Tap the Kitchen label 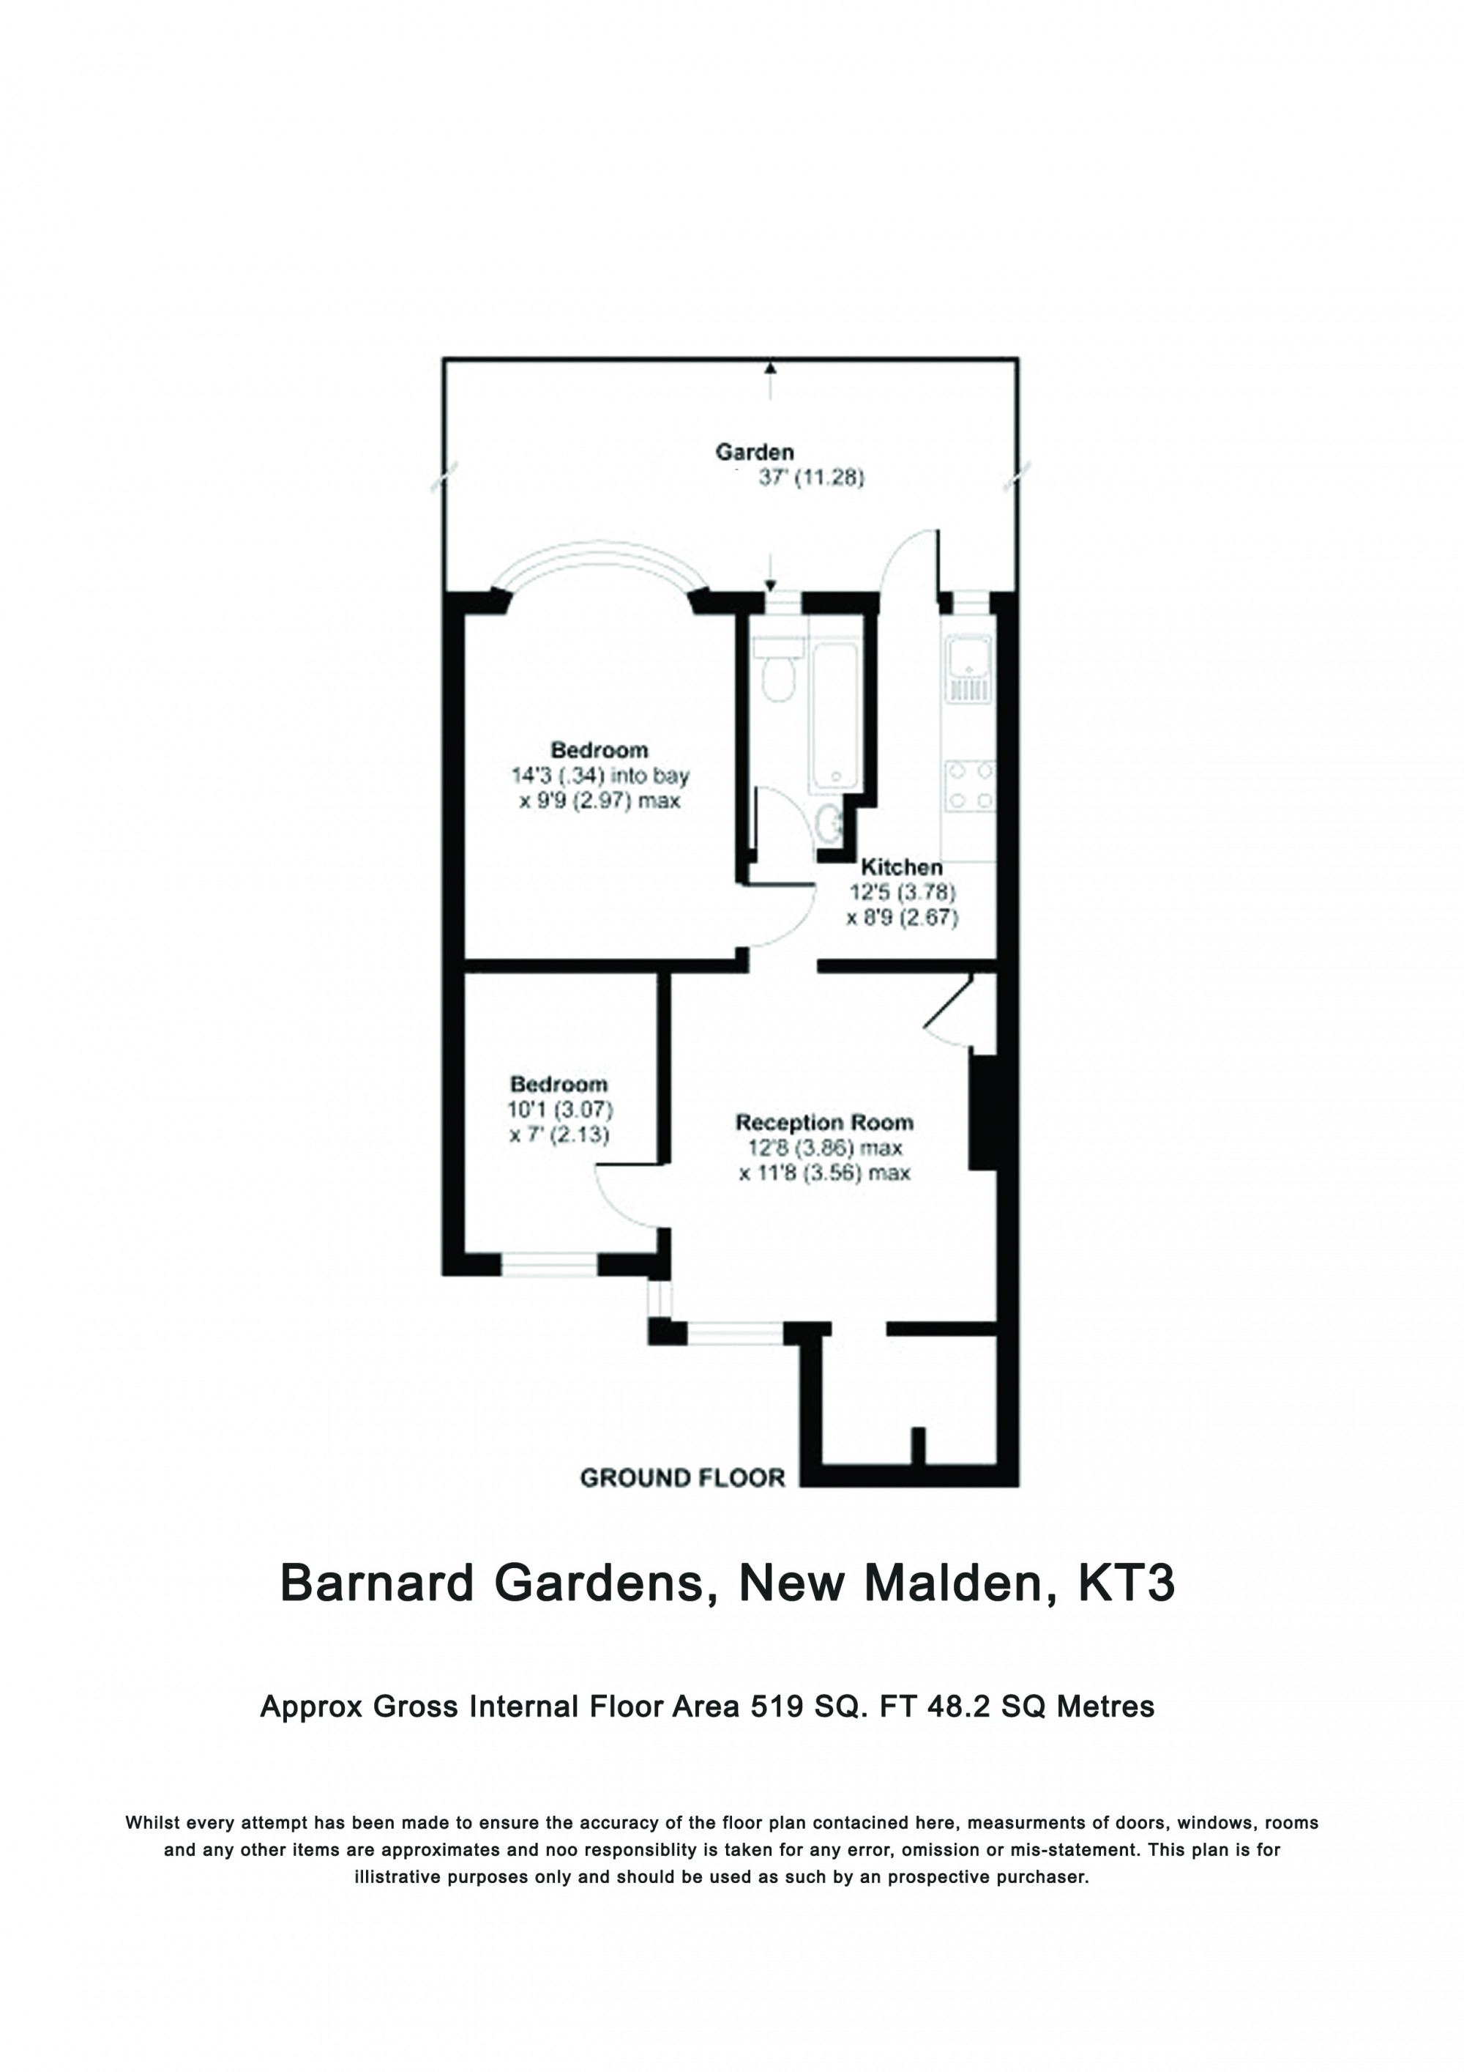click(901, 866)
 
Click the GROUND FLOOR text click(682, 1477)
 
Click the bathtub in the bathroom click(834, 713)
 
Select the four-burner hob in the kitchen click(968, 785)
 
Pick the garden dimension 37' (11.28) click(811, 478)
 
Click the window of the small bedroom click(548, 1264)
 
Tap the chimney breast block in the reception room click(982, 1112)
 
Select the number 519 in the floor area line click(777, 1707)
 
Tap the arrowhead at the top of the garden click(769, 367)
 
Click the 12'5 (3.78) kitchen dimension click(901, 893)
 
